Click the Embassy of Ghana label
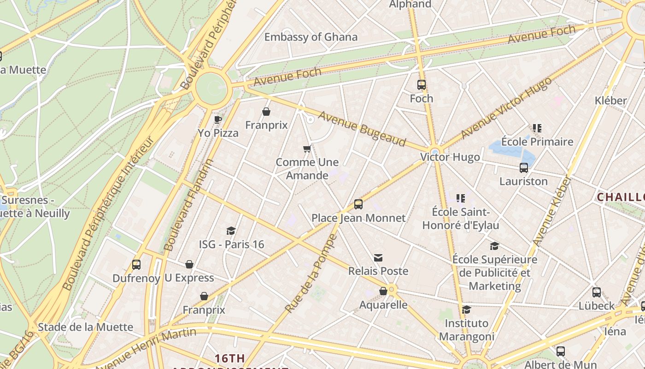[311, 37]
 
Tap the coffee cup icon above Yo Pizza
[218, 120]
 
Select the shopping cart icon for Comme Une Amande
[307, 149]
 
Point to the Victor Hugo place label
[450, 157]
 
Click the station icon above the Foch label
[422, 85]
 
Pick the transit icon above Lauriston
[524, 168]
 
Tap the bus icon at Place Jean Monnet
[358, 204]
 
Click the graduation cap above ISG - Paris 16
[231, 231]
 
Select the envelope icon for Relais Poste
[378, 257]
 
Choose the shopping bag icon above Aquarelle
[383, 291]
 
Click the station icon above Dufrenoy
[136, 265]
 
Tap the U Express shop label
[189, 278]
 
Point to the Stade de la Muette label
[85, 327]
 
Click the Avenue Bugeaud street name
[362, 129]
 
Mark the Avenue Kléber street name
[552, 211]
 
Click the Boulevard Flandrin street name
[189, 205]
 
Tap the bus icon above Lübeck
[597, 292]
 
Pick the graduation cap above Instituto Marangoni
[467, 309]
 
